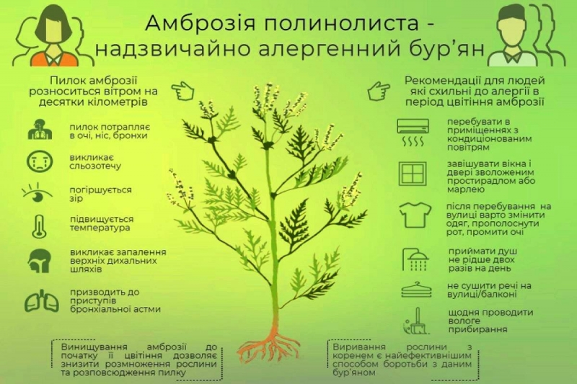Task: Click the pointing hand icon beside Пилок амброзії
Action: (182, 91)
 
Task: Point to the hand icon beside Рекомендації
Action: (379, 91)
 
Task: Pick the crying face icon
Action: (40, 161)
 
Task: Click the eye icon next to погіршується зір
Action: (37, 193)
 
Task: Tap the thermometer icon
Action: (39, 227)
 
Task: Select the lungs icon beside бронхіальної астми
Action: (42, 301)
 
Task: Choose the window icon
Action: (413, 174)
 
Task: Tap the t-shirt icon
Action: (415, 215)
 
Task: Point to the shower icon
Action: (415, 259)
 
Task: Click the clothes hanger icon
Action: (416, 290)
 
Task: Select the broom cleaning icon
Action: (416, 321)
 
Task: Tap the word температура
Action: (100, 228)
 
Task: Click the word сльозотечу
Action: (95, 166)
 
